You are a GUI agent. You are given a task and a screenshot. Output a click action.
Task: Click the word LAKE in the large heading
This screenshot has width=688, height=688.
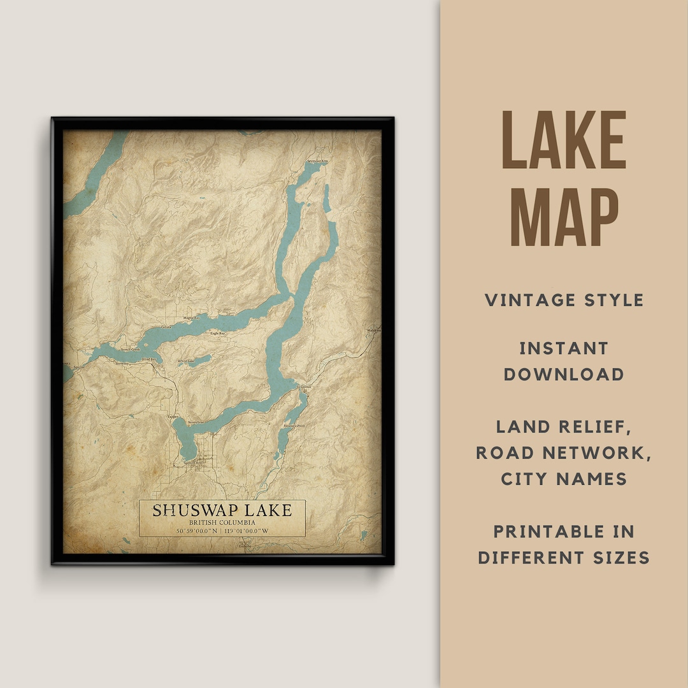click(564, 141)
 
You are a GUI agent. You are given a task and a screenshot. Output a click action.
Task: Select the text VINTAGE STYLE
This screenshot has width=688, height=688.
click(564, 300)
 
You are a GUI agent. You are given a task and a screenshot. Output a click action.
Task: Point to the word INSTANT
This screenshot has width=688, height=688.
click(564, 348)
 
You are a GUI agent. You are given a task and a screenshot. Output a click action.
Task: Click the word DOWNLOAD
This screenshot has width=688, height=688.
click(564, 374)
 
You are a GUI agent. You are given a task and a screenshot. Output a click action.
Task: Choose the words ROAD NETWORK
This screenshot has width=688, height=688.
click(564, 452)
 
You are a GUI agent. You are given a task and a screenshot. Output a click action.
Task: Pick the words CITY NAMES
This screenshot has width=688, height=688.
click(564, 478)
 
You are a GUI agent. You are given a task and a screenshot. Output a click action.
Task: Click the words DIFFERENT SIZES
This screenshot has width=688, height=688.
click(564, 557)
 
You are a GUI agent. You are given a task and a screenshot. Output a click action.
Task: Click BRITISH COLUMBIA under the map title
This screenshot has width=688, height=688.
click(222, 522)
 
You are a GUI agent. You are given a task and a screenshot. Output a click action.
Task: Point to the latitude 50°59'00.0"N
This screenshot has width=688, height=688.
click(189, 530)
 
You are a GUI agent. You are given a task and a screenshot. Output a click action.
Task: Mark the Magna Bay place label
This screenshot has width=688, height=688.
click(191, 317)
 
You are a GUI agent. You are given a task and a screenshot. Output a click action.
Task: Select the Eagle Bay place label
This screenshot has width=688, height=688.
click(217, 333)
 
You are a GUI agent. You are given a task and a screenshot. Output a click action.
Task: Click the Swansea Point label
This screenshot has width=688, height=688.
click(295, 425)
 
